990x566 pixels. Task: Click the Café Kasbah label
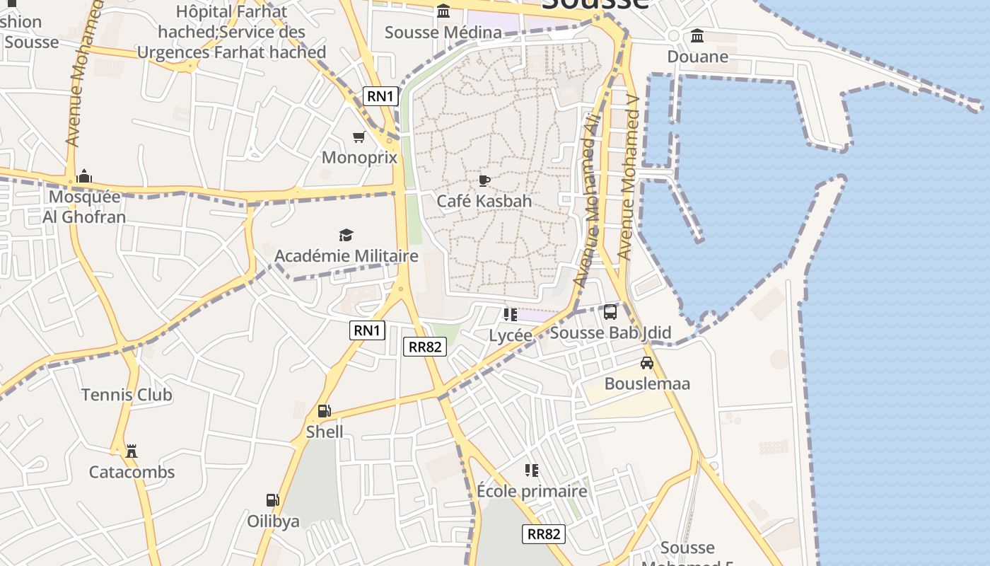click(484, 201)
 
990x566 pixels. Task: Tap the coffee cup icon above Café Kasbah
click(484, 181)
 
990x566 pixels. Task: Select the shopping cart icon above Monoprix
click(359, 137)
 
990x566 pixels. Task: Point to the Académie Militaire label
click(346, 255)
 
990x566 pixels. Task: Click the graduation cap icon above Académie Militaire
click(346, 235)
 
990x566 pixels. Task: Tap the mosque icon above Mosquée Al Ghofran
click(84, 175)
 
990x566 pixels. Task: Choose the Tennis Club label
click(127, 395)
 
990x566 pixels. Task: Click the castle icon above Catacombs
click(131, 451)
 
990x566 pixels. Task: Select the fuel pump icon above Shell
click(324, 411)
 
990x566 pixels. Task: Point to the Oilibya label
click(273, 521)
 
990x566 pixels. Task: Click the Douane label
click(697, 57)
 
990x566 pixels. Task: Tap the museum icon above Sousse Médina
click(443, 11)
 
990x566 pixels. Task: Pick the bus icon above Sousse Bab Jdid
click(610, 312)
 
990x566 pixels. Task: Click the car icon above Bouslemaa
click(646, 363)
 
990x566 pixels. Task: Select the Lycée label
click(511, 335)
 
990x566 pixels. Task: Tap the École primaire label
click(532, 491)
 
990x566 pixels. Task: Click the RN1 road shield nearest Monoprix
click(379, 96)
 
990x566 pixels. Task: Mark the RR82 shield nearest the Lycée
click(425, 347)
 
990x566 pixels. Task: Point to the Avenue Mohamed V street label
click(629, 177)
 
